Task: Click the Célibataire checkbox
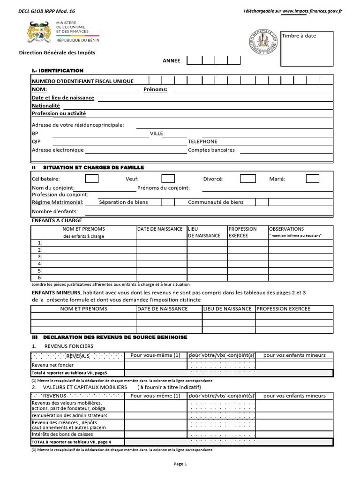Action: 91,179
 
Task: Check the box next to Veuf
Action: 168,179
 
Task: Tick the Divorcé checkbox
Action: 247,179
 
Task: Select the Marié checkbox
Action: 312,179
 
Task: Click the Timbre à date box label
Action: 299,36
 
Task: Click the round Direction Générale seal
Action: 262,42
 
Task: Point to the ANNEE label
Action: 171,60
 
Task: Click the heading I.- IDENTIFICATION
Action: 57,70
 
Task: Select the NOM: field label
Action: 39,89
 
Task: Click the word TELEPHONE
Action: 202,142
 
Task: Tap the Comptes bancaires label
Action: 211,150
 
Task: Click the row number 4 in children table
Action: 40,263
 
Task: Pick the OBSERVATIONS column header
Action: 286,229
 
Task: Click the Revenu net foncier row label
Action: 52,365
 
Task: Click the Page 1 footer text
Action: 180,464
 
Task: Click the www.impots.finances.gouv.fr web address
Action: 312,11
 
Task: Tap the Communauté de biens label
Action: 216,202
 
